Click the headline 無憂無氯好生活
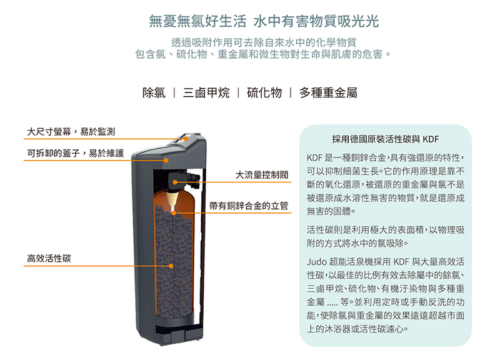point(197,21)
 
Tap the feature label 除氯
point(154,92)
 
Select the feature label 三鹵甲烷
point(206,92)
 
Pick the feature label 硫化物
point(264,92)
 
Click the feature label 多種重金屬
point(328,92)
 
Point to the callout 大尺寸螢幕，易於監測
point(71,131)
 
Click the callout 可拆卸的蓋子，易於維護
point(75,153)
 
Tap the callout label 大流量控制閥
point(262,175)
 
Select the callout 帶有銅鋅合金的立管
point(249,206)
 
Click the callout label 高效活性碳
point(49,258)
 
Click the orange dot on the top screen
point(186,139)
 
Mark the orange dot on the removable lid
point(166,161)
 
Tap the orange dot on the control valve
point(175,182)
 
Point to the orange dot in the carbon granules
point(171,266)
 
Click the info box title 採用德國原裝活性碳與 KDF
point(385,139)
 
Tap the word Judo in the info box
point(316,262)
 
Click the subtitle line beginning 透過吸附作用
point(264,42)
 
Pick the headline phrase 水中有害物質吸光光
point(316,21)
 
